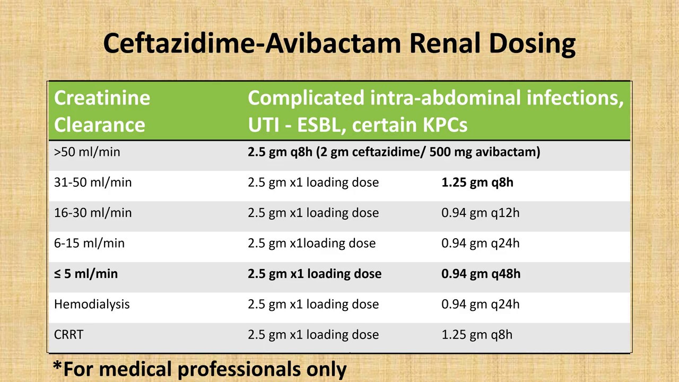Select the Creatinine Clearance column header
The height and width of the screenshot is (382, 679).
pos(102,111)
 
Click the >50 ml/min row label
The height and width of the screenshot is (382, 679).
pos(87,152)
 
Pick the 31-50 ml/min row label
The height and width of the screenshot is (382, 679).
pos(93,183)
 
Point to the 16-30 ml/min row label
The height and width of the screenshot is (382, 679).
pos(93,213)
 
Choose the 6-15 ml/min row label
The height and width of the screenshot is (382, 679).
pos(89,244)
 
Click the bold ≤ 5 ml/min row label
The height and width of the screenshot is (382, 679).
pos(86,274)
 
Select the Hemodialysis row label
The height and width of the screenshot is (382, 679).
pos(92,305)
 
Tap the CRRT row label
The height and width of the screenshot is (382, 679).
pos(69,335)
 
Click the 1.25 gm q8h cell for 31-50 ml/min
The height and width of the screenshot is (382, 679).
pos(477,183)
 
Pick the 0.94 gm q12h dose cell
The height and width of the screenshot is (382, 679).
pos(481,213)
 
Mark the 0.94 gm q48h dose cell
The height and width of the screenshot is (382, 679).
pos(481,274)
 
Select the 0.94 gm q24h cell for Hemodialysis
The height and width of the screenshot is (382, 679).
pos(481,305)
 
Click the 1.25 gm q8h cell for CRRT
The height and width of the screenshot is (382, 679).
pos(477,335)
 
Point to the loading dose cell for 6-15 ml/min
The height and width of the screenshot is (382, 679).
pos(311,244)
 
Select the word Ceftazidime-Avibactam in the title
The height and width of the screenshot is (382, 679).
pos(252,43)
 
